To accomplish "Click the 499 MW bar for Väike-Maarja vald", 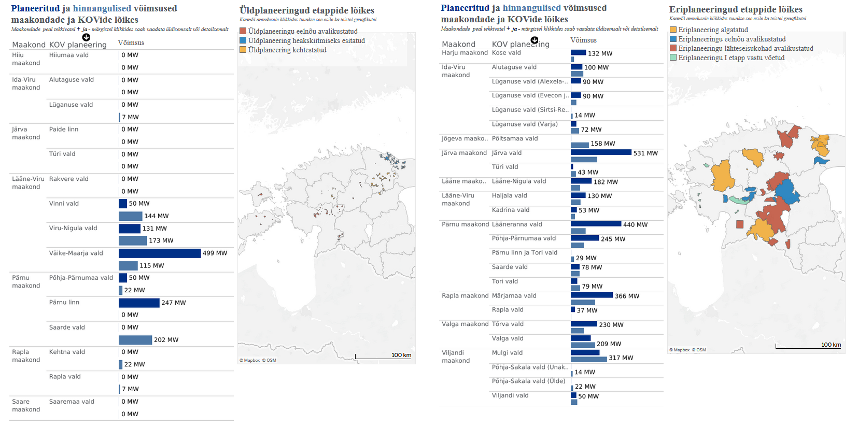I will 159,253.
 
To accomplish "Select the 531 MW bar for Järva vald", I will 601,152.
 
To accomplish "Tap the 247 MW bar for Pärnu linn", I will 139,303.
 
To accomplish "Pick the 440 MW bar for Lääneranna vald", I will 596,224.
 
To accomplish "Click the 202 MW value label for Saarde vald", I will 166,340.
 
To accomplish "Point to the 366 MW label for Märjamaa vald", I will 627,296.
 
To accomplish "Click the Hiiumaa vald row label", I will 69,55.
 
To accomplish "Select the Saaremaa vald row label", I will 72,402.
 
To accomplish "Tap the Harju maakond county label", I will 465,53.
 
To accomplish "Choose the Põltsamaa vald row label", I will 515,138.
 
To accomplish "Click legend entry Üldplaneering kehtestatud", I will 287,50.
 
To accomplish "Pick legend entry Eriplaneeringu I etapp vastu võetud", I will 731,58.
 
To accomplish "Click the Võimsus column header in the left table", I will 131,42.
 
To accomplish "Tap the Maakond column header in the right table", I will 458,44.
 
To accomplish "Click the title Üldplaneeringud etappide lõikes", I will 306,10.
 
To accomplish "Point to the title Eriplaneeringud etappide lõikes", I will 736,9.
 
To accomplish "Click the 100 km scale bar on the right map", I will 808,346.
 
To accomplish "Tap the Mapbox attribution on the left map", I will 251,360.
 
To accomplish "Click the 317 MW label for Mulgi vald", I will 621,358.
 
